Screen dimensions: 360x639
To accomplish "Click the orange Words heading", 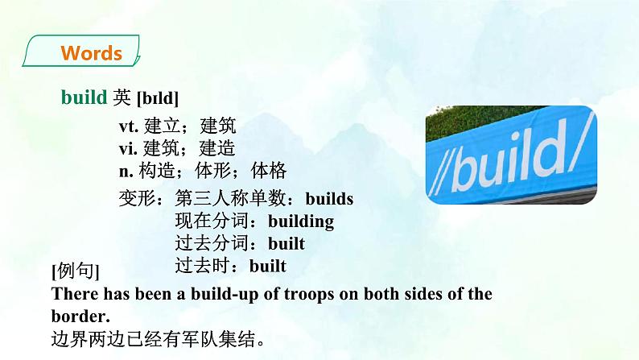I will point(91,54).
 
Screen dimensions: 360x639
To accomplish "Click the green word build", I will point(84,97).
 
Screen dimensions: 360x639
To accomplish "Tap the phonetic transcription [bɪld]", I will point(158,98).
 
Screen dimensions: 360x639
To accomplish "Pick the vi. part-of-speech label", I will point(127,148).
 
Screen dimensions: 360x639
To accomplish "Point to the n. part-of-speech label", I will point(126,171).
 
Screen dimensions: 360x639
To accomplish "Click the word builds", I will point(330,198).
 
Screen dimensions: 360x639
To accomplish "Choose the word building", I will point(300,221).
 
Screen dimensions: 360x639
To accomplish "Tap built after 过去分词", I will point(287,242).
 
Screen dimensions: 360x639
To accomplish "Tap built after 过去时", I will point(268,264).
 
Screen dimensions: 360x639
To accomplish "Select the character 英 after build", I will point(122,97).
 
